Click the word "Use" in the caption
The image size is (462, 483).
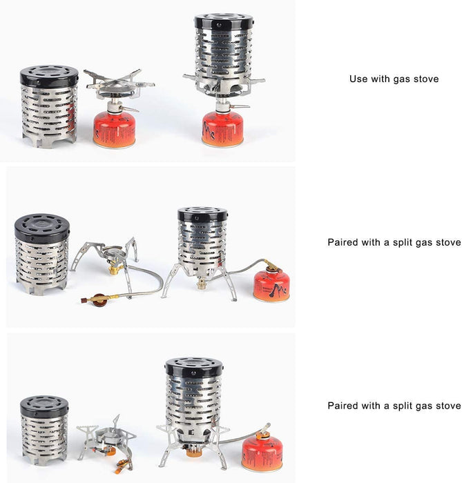point(358,79)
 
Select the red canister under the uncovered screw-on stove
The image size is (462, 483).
point(115,130)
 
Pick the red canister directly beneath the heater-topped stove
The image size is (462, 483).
point(222,129)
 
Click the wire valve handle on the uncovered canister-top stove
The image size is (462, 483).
point(129,109)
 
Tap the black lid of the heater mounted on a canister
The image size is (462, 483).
point(224,22)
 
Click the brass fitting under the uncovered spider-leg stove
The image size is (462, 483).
point(114,270)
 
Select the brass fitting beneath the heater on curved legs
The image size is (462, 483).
point(202,284)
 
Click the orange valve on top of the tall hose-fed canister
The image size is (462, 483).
point(263,433)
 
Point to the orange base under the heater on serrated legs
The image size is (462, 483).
point(193,452)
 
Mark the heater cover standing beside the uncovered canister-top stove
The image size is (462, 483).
point(49,106)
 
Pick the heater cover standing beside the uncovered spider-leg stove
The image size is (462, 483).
point(42,254)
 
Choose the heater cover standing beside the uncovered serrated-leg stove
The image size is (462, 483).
point(44,431)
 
